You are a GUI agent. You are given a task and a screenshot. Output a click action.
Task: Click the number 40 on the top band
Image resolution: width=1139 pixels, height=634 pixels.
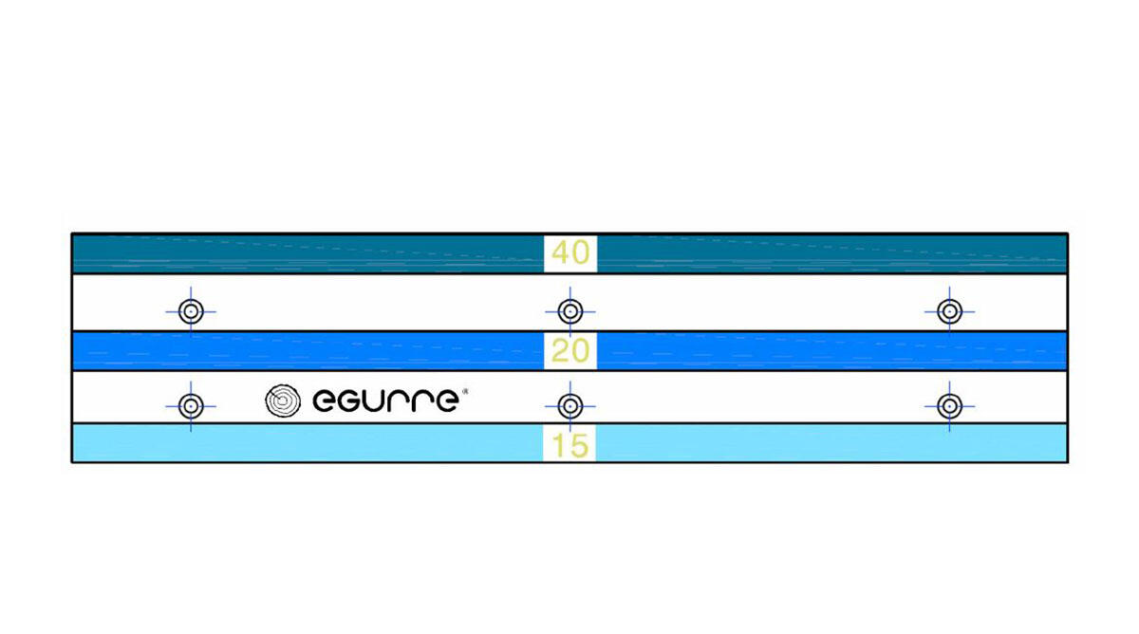click(x=570, y=252)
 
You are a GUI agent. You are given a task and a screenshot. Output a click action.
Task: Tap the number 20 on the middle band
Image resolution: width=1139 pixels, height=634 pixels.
click(x=570, y=351)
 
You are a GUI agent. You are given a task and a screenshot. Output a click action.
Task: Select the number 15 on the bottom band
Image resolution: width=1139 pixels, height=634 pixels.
click(x=570, y=446)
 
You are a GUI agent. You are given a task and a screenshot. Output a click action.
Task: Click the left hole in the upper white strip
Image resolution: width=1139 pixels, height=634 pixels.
click(x=191, y=311)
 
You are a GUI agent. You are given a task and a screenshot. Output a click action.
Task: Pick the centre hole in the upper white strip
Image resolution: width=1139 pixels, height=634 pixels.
click(x=570, y=311)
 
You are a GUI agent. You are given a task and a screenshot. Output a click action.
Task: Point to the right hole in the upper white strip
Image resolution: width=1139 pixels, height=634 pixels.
click(x=949, y=311)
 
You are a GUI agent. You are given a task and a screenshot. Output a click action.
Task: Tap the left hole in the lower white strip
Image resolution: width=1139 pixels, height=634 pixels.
click(x=191, y=406)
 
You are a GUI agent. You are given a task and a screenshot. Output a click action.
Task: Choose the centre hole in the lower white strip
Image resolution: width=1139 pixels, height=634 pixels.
click(x=570, y=406)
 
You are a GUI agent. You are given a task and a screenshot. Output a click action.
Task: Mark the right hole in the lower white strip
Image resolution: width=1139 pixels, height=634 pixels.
click(x=949, y=406)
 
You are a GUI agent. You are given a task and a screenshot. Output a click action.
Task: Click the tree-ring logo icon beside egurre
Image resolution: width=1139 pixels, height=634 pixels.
click(x=283, y=401)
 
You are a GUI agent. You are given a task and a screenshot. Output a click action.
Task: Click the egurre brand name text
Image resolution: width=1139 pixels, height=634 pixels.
click(x=386, y=401)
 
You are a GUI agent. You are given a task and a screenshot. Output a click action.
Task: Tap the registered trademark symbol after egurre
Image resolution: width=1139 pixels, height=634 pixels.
click(x=464, y=391)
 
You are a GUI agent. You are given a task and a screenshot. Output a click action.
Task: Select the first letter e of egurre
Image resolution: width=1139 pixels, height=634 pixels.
click(x=323, y=401)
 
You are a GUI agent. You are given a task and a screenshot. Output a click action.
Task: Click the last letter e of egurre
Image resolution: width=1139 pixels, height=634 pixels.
click(x=448, y=401)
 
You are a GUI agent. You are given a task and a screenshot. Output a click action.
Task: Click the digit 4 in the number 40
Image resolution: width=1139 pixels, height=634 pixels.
click(x=560, y=252)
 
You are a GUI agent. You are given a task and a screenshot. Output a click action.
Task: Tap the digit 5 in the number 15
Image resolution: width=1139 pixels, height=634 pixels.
click(x=579, y=446)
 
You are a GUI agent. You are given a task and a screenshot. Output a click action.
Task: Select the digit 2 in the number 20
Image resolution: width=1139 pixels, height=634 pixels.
click(x=560, y=351)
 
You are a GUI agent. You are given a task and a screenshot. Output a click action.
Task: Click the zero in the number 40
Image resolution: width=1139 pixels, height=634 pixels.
click(x=581, y=252)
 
